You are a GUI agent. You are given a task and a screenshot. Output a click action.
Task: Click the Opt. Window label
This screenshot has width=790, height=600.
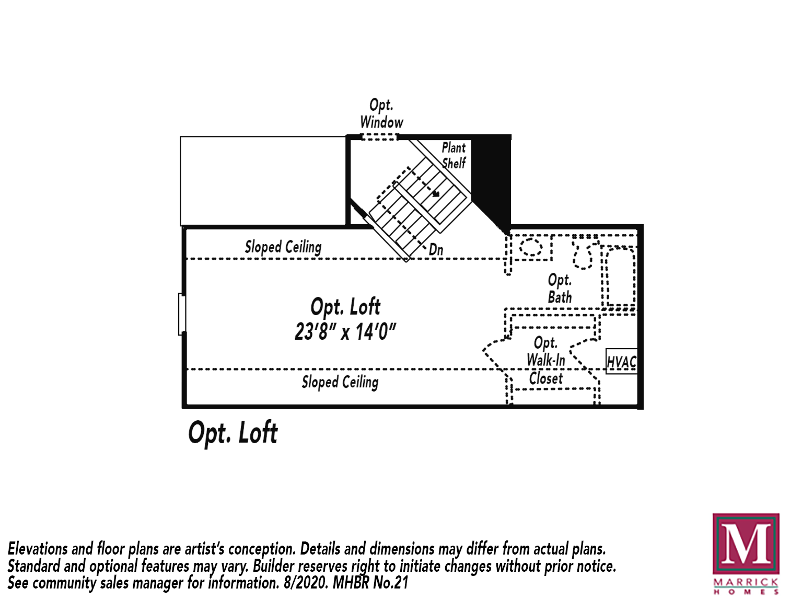point(381,113)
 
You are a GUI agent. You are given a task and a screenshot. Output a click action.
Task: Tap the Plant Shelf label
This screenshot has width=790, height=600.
point(453,155)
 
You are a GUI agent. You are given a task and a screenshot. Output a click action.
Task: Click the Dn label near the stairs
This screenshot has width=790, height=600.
point(436,250)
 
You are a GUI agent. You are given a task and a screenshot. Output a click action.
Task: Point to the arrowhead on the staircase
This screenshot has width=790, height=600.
point(436,194)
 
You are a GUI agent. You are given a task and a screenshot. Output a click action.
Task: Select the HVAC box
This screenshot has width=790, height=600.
point(621,361)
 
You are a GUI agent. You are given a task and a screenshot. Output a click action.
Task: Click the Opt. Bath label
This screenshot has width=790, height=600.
point(560,289)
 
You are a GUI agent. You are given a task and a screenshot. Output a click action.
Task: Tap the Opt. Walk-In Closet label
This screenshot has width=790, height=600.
point(545,361)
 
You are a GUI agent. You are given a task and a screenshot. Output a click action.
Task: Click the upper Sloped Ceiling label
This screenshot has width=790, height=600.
point(283,247)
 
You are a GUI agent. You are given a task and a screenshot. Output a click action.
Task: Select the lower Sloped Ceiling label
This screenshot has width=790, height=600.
point(340,382)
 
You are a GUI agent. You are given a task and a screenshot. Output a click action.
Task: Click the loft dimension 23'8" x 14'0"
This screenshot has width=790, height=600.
point(345,332)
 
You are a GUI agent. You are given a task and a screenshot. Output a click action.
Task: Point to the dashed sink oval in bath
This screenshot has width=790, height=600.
point(531,247)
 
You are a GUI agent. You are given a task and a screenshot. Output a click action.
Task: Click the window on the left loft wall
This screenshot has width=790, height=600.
point(182,314)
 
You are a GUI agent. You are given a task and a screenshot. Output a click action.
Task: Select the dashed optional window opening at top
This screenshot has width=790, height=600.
point(380,137)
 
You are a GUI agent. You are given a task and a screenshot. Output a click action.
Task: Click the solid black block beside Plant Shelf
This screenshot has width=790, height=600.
point(491,172)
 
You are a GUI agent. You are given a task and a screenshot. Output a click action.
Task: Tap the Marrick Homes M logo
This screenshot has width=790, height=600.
point(746,545)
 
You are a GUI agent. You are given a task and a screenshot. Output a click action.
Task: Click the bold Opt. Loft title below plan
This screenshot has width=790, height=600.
point(233,433)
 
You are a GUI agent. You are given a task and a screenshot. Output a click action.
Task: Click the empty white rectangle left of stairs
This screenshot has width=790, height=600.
point(263,181)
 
